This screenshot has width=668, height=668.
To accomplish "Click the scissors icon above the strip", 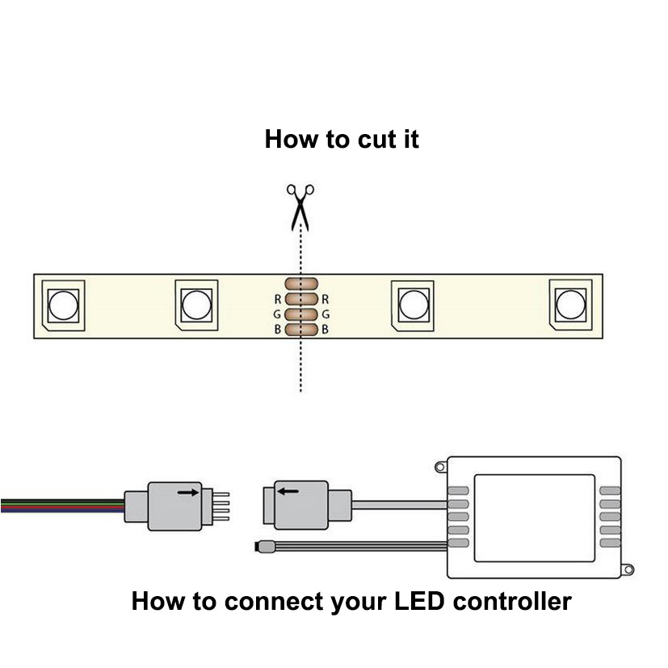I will (300, 205).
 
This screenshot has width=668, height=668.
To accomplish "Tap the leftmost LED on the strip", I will (61, 305).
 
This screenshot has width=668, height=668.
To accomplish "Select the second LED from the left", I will (195, 305).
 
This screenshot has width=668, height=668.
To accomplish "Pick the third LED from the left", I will (413, 305).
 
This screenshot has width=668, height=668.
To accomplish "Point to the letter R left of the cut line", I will (278, 299).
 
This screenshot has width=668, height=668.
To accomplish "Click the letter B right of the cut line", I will (325, 330).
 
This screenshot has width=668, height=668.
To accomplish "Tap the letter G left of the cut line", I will (278, 314).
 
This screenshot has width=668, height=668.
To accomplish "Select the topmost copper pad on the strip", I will (301, 284).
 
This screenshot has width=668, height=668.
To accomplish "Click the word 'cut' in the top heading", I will (364, 139).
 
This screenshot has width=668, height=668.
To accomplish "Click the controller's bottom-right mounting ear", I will (627, 569).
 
